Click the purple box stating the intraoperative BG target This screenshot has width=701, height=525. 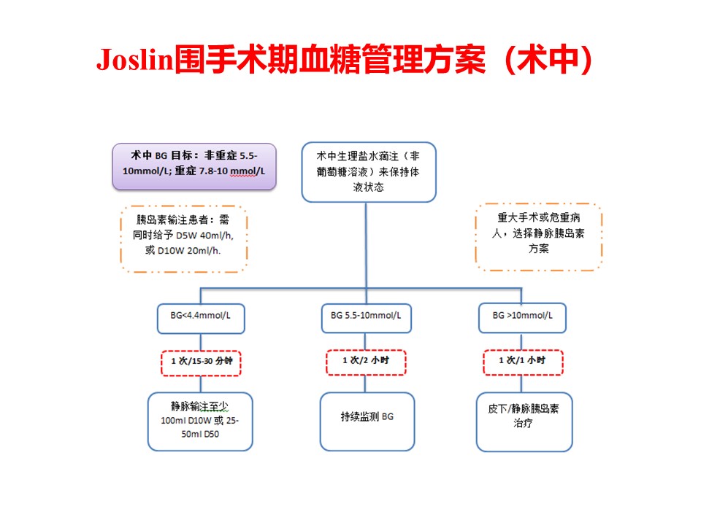pos(194,166)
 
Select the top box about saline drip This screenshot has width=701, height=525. pos(368,171)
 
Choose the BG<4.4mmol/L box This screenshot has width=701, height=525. pos(202,316)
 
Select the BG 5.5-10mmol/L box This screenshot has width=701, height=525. pos(366,316)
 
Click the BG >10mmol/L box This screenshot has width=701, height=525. pos(521,316)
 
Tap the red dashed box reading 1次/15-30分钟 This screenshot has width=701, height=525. pos(202,361)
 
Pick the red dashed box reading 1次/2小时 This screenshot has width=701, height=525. pos(366,361)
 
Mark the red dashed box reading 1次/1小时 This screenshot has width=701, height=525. pos(522,361)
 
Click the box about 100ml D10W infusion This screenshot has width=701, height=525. pos(201,421)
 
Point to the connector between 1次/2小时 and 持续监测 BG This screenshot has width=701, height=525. pos(366,384)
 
